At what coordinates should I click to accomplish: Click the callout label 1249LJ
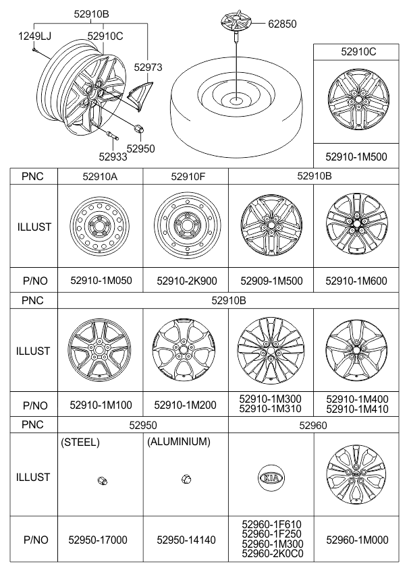click(x=34, y=36)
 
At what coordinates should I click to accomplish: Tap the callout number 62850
click(x=282, y=24)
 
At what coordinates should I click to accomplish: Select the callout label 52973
click(x=148, y=67)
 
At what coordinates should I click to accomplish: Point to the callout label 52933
click(x=113, y=156)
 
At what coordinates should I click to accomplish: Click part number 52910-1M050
click(x=101, y=281)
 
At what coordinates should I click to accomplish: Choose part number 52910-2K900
click(x=187, y=281)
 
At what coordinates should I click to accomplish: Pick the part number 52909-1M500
click(x=271, y=281)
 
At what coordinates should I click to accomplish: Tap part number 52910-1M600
click(x=356, y=281)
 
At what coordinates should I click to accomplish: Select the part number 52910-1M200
click(x=186, y=405)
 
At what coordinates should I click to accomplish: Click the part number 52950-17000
click(x=98, y=540)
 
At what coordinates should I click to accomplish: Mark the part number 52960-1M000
click(x=357, y=540)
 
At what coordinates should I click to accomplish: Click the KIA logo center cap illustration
click(x=271, y=478)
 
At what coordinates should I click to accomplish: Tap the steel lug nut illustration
click(x=103, y=481)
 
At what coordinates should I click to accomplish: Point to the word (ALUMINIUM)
click(x=179, y=442)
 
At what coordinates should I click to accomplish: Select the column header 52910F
click(x=188, y=177)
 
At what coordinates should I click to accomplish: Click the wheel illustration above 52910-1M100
click(x=99, y=351)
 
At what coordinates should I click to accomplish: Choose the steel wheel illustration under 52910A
click(x=100, y=226)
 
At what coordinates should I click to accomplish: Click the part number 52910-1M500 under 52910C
click(x=356, y=157)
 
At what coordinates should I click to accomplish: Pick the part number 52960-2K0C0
click(x=273, y=554)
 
